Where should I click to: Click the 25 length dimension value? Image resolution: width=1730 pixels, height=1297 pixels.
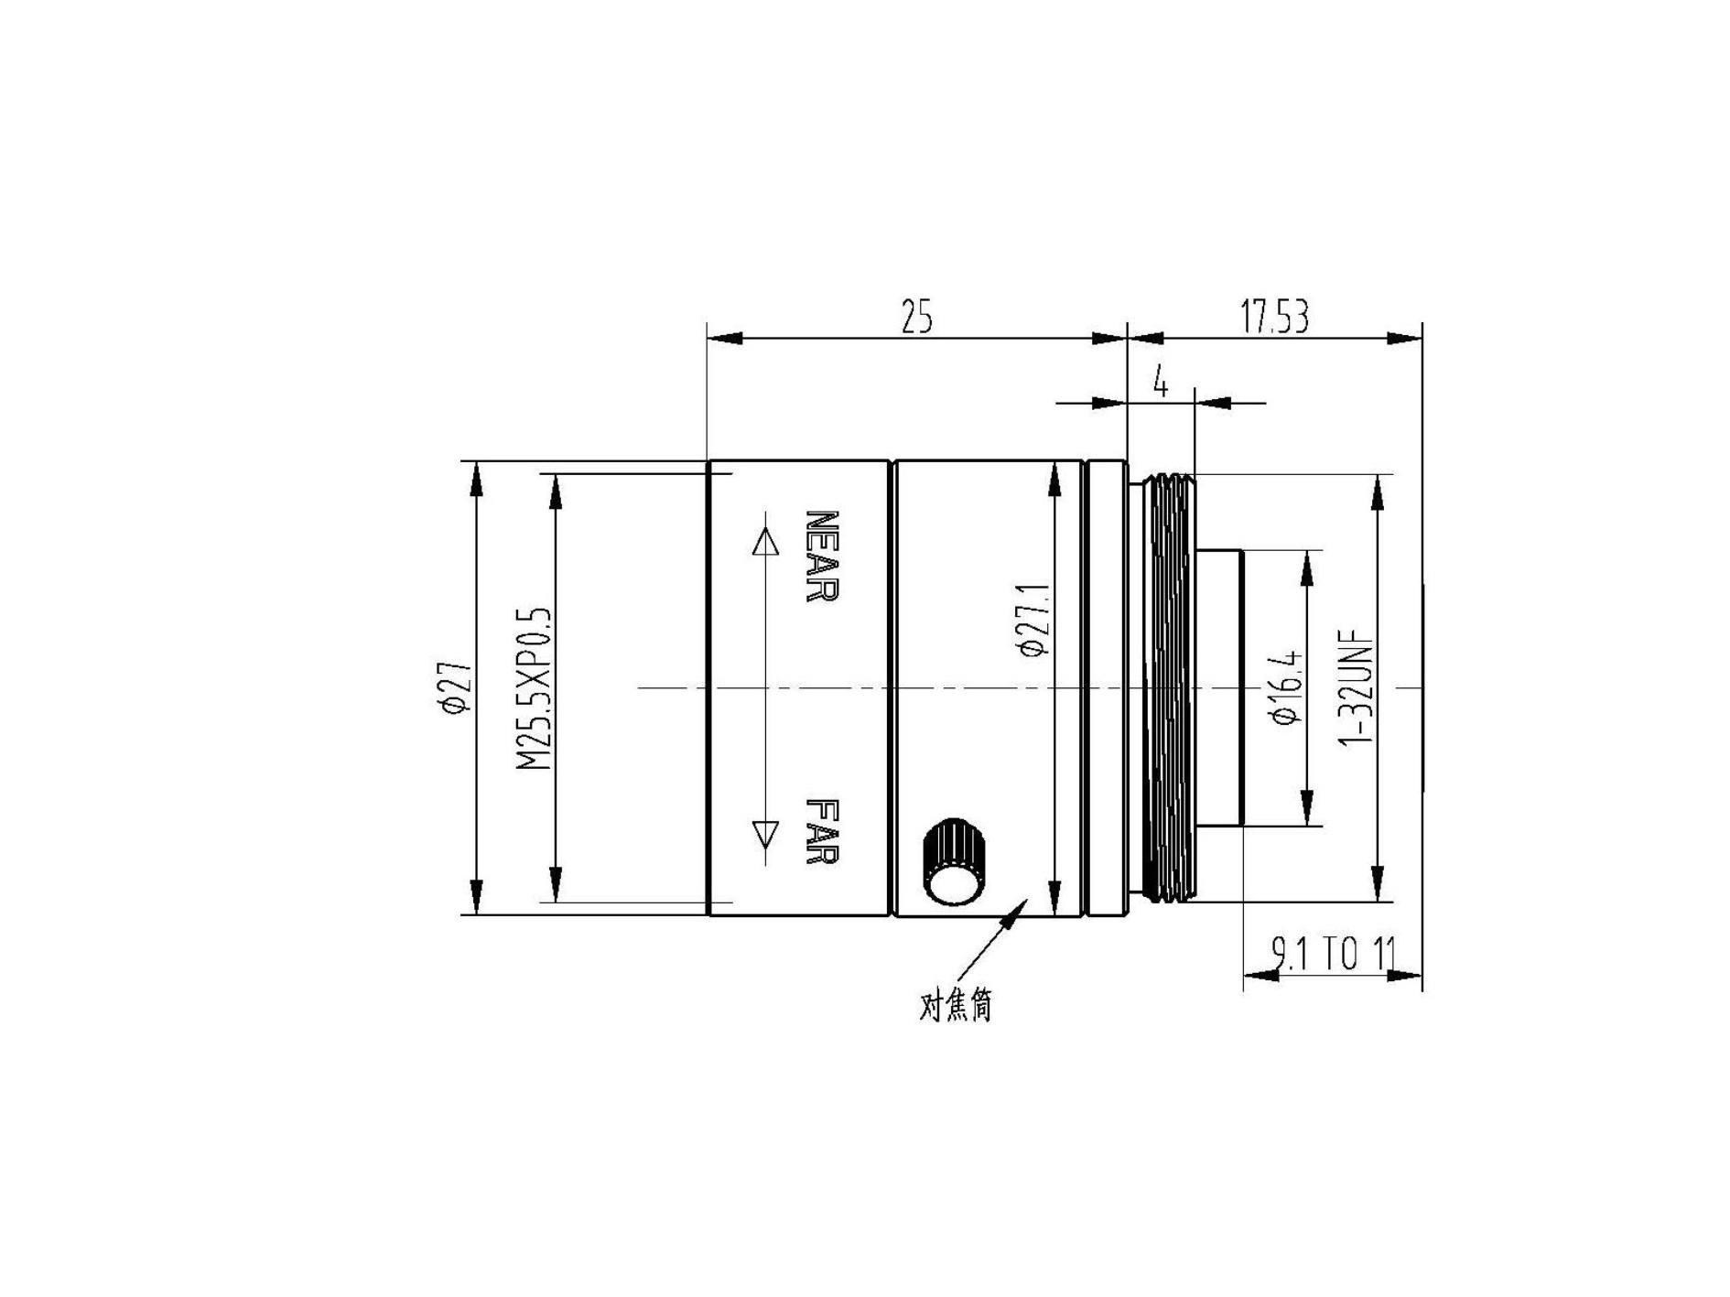916,317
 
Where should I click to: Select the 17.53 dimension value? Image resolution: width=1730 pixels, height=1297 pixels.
1275,317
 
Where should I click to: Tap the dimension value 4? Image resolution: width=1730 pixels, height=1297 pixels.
1161,382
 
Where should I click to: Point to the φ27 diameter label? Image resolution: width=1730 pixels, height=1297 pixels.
455,687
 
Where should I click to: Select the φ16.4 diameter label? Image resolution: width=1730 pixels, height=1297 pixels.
1286,687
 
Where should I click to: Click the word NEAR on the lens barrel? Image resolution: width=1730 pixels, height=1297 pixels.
821,556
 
